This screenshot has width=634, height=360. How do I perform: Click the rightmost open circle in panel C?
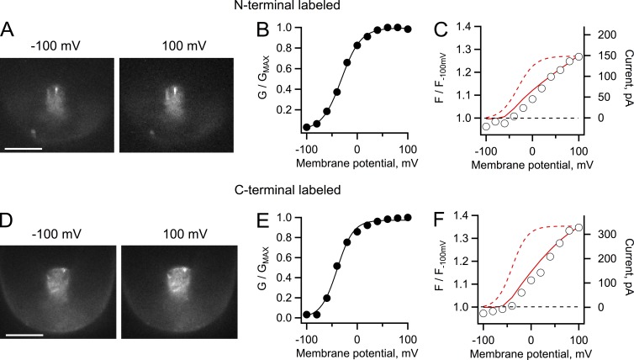click(x=579, y=57)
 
